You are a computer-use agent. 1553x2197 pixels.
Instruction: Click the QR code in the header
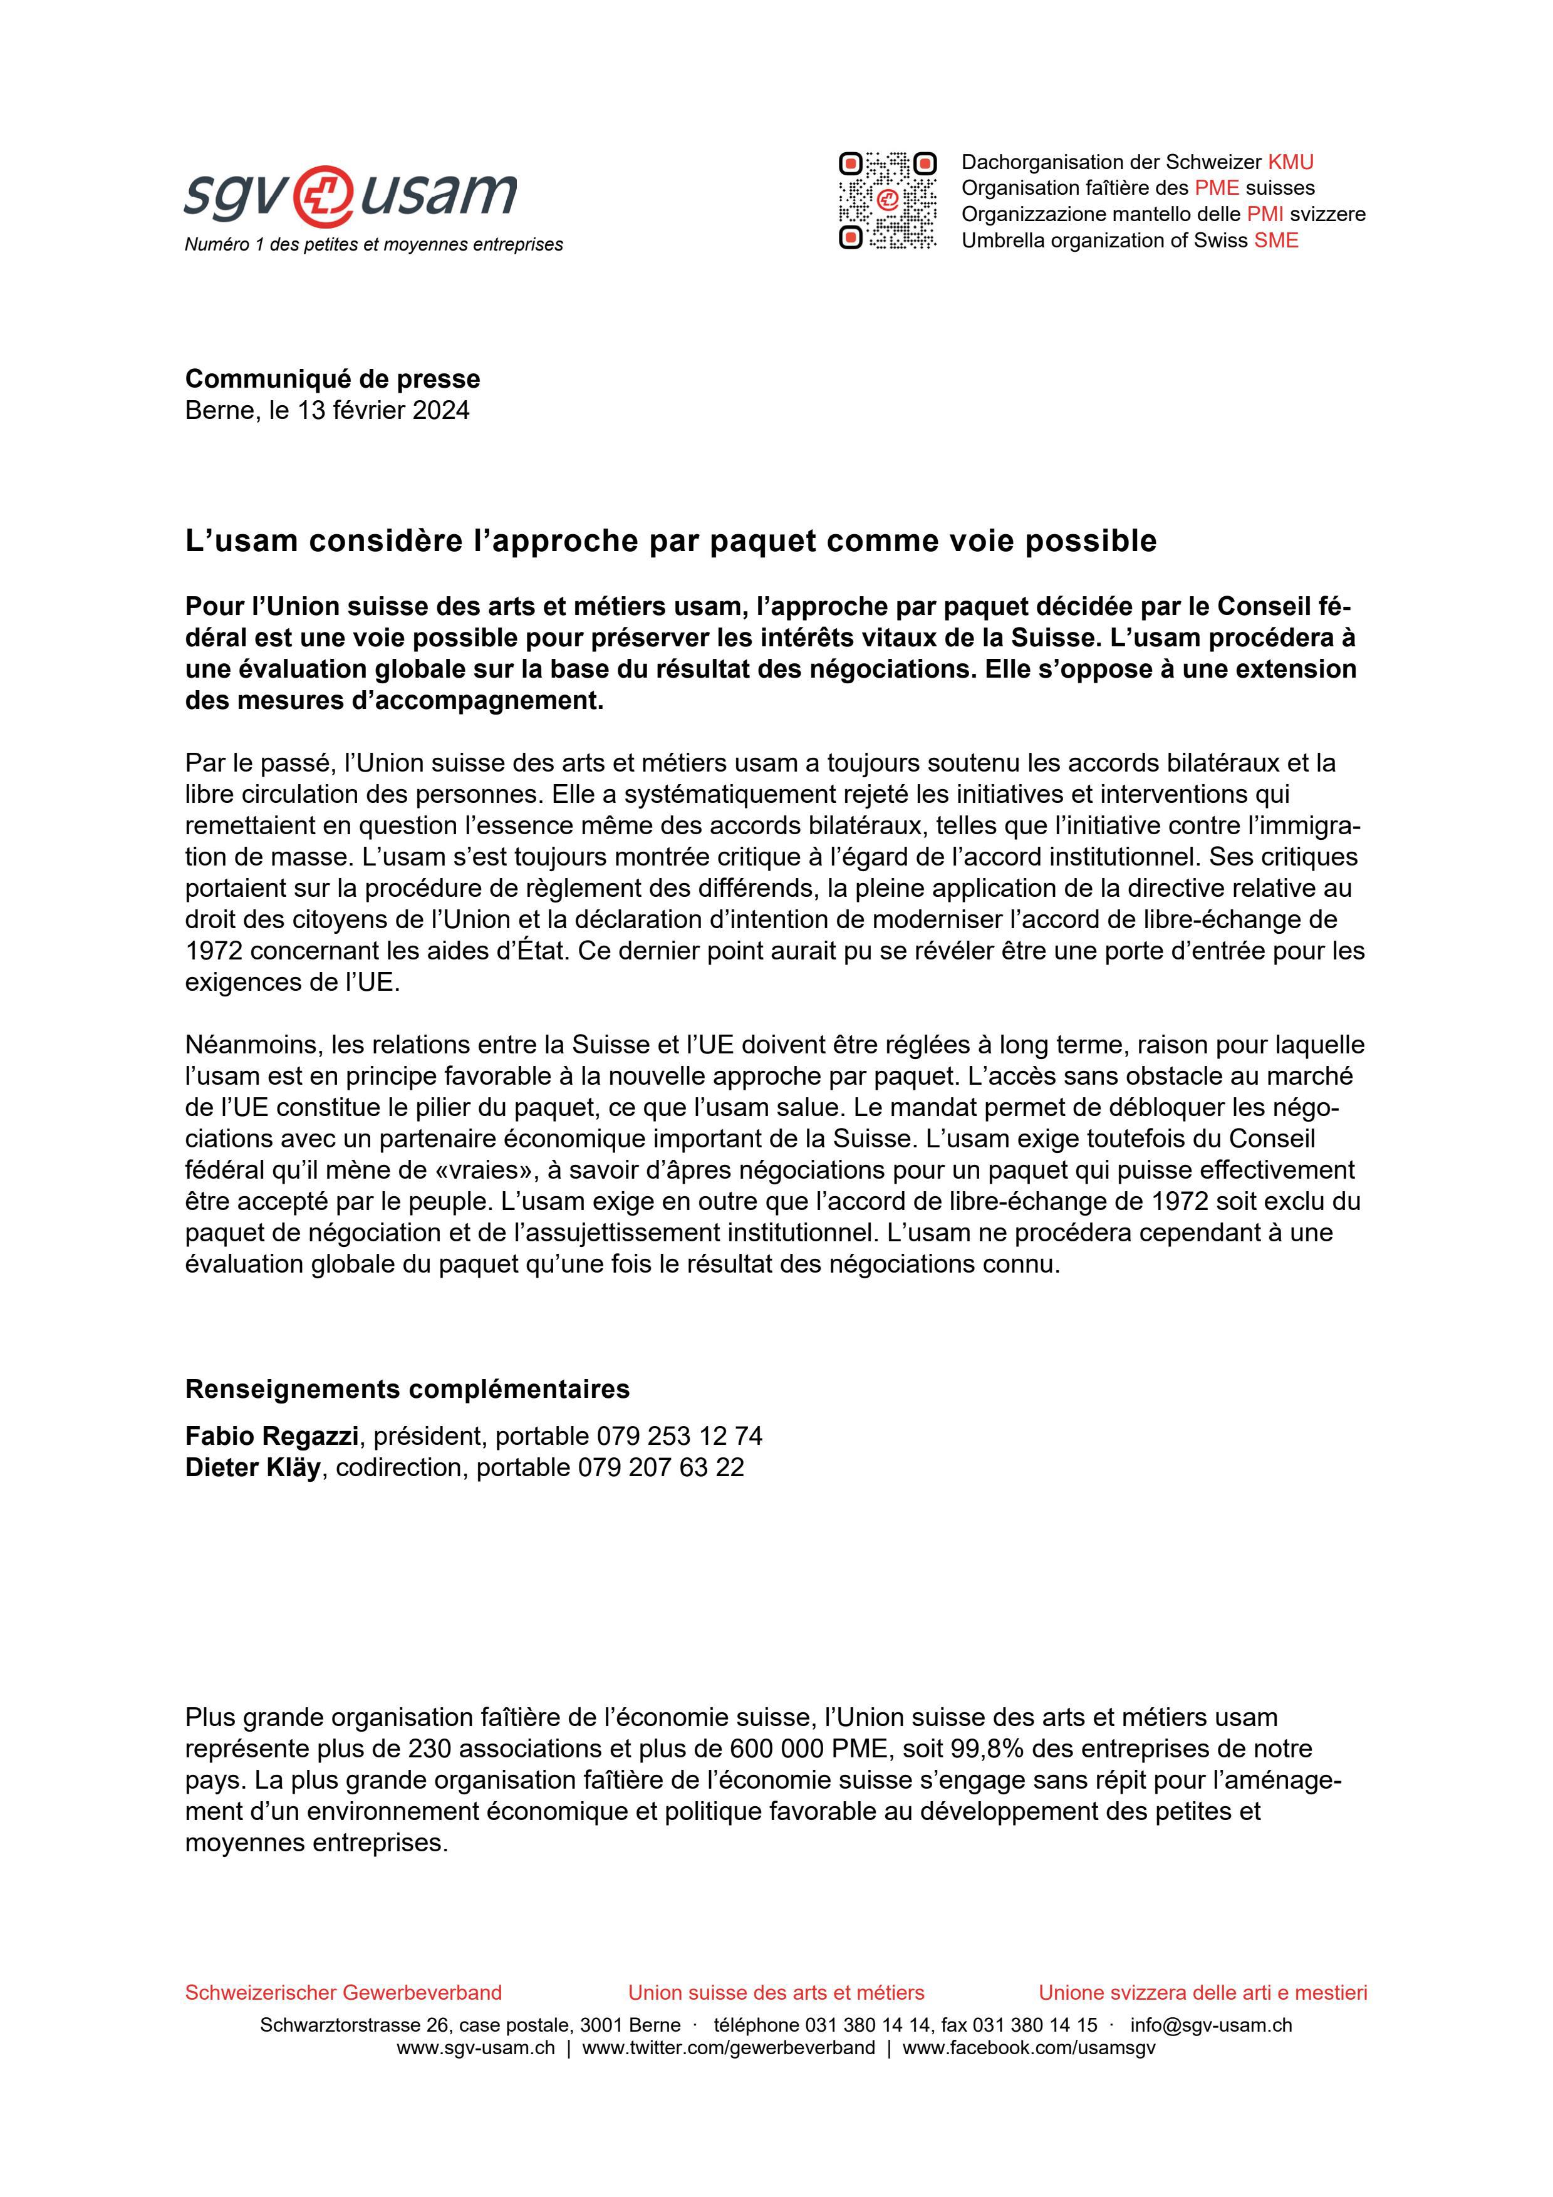coord(887,201)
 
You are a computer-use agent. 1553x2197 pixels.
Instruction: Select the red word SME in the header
coord(1277,240)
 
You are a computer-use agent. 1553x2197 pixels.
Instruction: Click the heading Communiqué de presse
coord(332,379)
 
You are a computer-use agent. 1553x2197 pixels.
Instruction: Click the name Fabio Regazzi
coord(272,1435)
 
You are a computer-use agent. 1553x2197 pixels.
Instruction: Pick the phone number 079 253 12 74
coord(679,1435)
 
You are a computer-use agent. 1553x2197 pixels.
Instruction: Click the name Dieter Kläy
coord(252,1467)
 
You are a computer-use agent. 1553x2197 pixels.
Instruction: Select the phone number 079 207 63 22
coord(660,1467)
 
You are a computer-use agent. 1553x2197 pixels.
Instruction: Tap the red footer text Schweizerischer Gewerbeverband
coord(343,1992)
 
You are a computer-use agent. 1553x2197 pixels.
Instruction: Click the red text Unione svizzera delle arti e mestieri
coord(1203,1992)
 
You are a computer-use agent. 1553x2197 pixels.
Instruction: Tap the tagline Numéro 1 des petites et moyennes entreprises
coord(373,245)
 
